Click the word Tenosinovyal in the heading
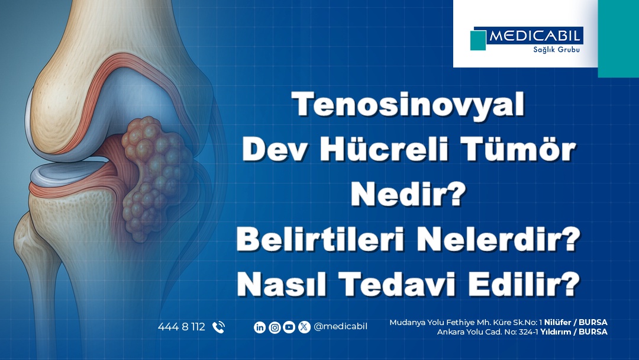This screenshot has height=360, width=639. (408, 104)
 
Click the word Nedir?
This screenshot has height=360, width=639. (408, 194)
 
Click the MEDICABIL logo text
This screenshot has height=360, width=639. (535, 36)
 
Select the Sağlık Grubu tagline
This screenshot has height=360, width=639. (556, 50)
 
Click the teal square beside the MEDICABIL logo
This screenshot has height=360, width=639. (478, 40)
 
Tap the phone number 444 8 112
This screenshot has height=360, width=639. (182, 327)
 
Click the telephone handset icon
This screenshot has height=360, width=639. (218, 327)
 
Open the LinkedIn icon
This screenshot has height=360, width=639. (260, 327)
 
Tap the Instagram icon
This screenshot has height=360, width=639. (275, 327)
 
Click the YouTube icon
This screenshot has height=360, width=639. (289, 327)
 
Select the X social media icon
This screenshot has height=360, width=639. (304, 327)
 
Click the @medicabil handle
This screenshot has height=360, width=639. (341, 327)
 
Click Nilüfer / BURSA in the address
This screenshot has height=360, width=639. (576, 323)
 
